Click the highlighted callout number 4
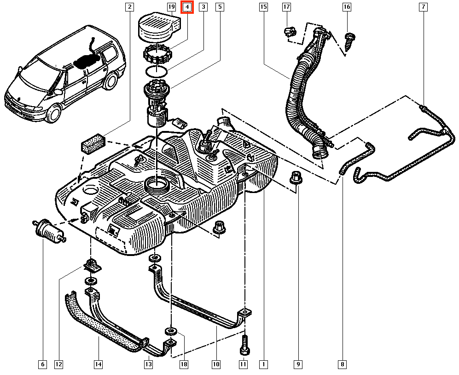(x=187, y=7)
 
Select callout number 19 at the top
(x=171, y=7)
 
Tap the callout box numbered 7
(x=423, y=7)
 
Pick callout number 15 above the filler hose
(x=263, y=7)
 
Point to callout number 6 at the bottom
(x=42, y=364)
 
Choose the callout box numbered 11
(x=244, y=364)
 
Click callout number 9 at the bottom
(x=298, y=364)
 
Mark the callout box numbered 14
(x=98, y=364)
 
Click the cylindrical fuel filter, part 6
(x=48, y=230)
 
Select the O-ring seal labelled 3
(x=156, y=71)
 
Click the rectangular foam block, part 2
(x=93, y=143)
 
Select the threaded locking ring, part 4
(x=157, y=55)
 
